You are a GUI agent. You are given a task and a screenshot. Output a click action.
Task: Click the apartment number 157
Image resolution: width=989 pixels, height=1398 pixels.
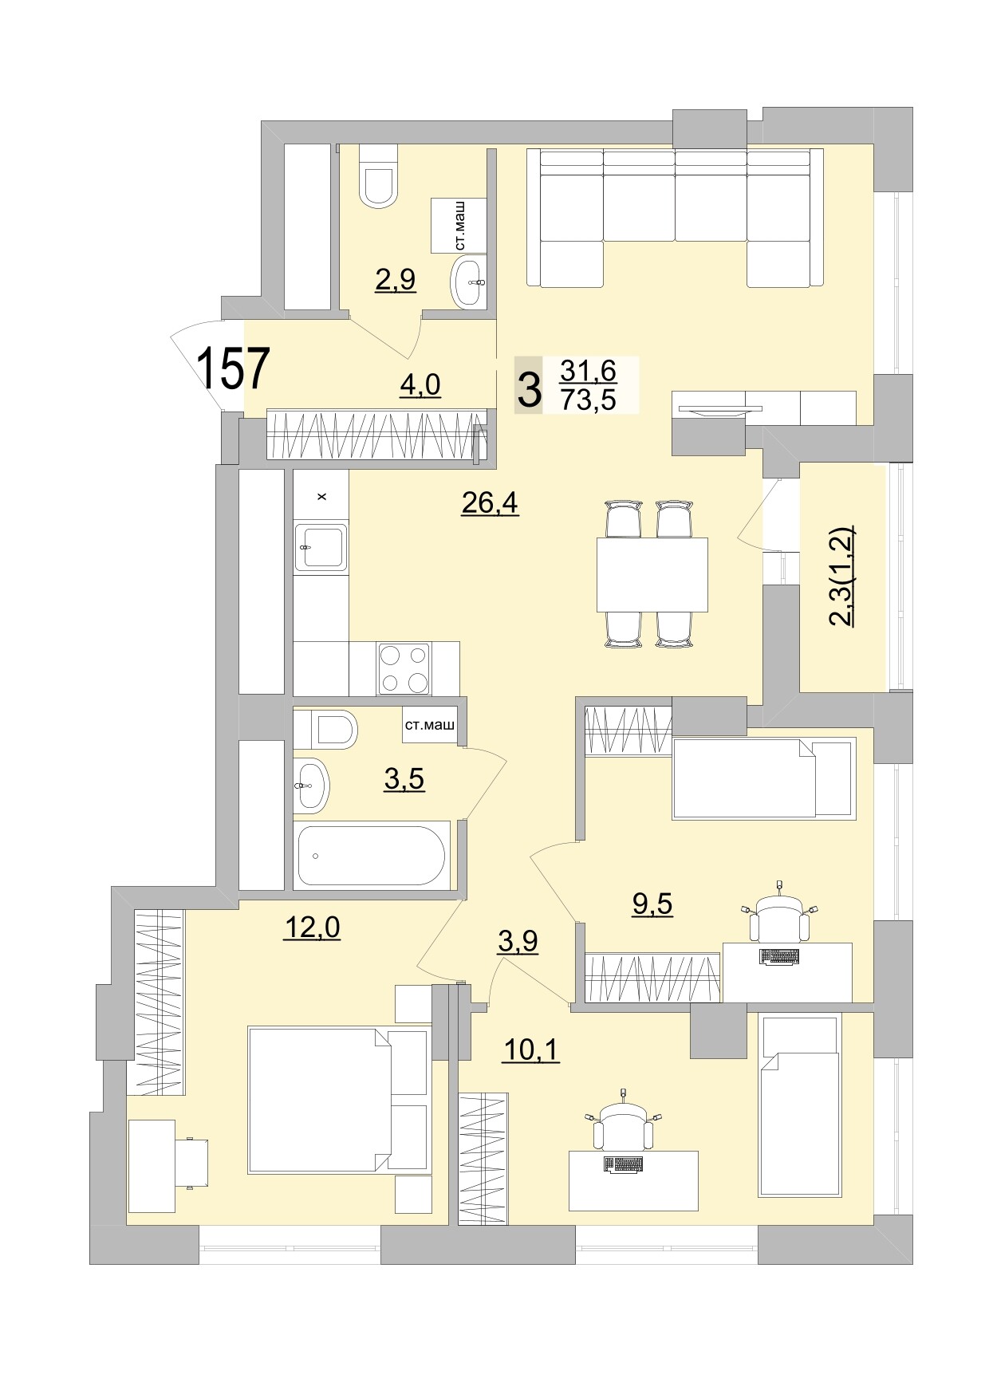pos(233,368)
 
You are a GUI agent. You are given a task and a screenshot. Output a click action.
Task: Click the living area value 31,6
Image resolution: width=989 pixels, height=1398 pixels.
pos(588,371)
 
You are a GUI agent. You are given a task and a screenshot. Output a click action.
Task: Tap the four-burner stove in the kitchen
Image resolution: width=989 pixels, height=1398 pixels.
pos(404,667)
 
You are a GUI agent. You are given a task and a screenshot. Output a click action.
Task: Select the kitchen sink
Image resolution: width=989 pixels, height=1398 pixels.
pos(321,546)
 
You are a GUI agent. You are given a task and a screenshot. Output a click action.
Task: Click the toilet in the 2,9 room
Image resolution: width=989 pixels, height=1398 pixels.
pos(378,177)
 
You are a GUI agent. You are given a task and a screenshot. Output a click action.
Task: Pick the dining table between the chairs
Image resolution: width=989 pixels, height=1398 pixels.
pos(652,575)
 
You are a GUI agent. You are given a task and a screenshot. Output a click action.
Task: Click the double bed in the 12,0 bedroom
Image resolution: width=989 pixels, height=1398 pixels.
pos(338,1101)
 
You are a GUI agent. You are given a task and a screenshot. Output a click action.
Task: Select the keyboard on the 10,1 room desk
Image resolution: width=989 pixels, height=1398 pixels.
pos(623,1165)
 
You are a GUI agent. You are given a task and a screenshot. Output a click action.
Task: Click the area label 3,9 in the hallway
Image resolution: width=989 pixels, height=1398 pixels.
pos(518,942)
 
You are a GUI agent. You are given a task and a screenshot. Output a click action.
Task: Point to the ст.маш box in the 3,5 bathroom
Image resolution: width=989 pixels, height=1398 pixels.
pos(430,726)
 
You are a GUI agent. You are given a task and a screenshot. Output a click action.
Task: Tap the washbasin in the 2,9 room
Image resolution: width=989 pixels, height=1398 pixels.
pos(468,282)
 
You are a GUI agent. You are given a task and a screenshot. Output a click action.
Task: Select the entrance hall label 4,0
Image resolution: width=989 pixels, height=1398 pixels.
pos(420,385)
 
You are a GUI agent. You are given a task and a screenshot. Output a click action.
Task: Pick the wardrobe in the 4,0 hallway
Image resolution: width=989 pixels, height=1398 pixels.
pos(375,435)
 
